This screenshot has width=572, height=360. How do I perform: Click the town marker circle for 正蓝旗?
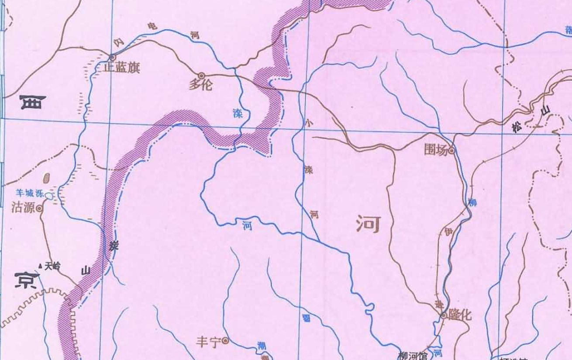pyautogui.click(x=112, y=57)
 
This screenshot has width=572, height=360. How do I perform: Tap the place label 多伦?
pyautogui.click(x=200, y=84)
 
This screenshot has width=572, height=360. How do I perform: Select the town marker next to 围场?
pyautogui.click(x=452, y=151)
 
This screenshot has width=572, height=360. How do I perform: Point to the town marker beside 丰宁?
pyautogui.click(x=225, y=340)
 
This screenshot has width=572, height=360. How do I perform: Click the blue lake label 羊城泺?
pyautogui.click(x=30, y=192)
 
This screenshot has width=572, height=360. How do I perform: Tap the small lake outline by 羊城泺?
pyautogui.click(x=49, y=196)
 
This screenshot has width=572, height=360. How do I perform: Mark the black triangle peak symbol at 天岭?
pyautogui.click(x=40, y=265)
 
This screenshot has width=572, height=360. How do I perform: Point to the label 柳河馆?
pyautogui.click(x=413, y=356)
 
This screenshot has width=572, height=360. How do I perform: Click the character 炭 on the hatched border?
pyautogui.click(x=114, y=246)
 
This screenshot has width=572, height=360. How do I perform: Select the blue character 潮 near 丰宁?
pyautogui.click(x=262, y=345)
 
